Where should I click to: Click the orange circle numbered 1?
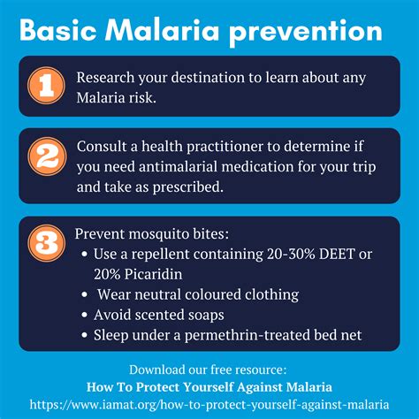pyautogui.click(x=46, y=86)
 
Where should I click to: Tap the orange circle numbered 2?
pyautogui.click(x=47, y=156)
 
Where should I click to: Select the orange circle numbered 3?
pyautogui.click(x=47, y=243)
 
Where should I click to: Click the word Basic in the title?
pyautogui.click(x=58, y=31)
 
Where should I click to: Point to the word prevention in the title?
pyautogui.click(x=306, y=33)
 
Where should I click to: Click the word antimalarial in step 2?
pyautogui.click(x=178, y=167)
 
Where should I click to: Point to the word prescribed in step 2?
pyautogui.click(x=187, y=187)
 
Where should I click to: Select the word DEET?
pyautogui.click(x=337, y=255)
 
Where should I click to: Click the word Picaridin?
pyautogui.click(x=153, y=275)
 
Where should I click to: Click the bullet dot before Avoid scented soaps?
pyautogui.click(x=85, y=315)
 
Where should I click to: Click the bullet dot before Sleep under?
pyautogui.click(x=85, y=335)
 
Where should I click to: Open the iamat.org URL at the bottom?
pyautogui.click(x=209, y=405)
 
